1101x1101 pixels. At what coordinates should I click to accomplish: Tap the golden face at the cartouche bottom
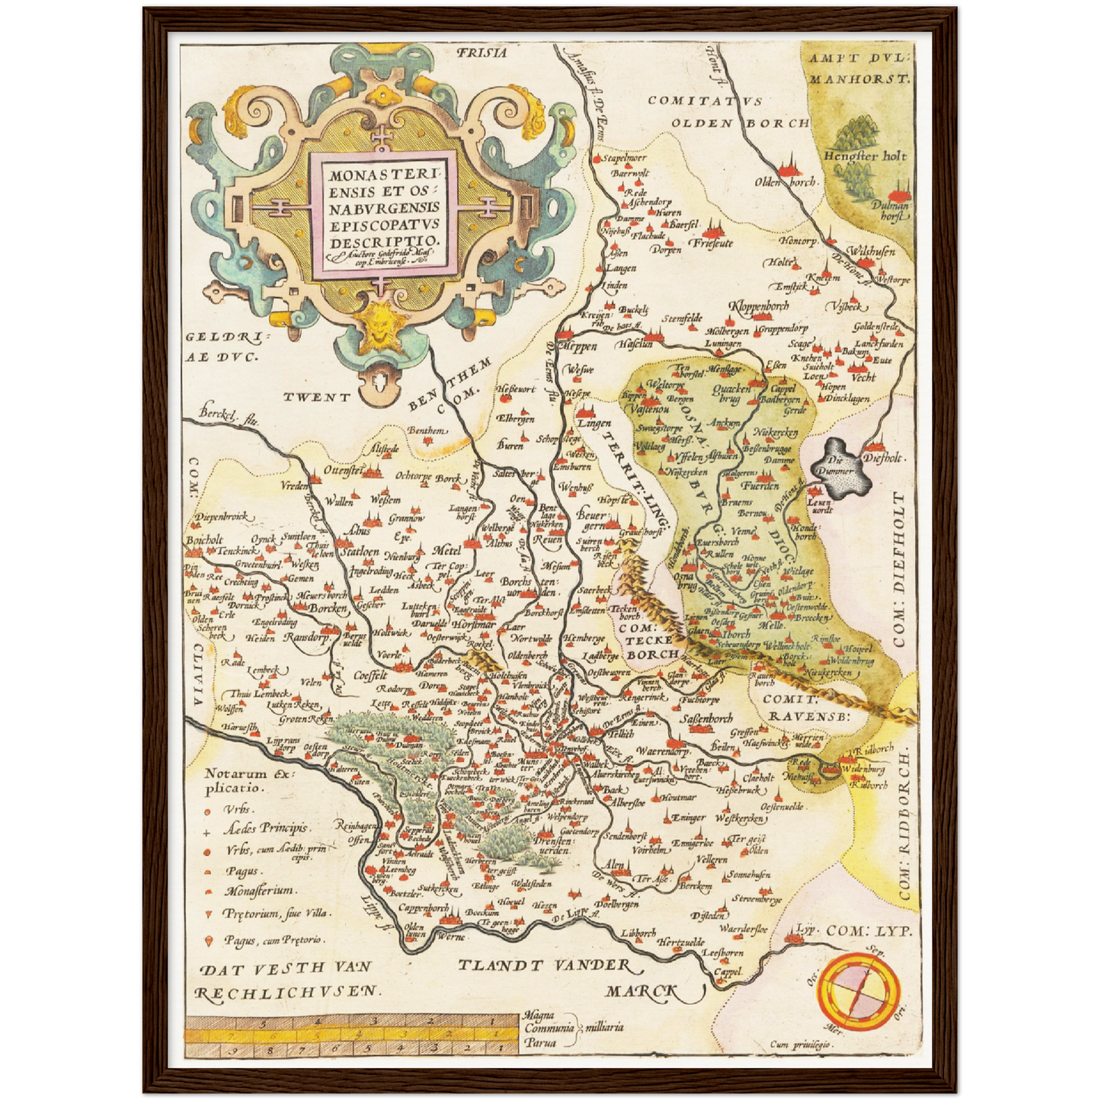click(376, 324)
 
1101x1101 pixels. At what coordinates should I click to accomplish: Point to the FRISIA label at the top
click(482, 53)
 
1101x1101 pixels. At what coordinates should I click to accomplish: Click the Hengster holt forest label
click(865, 155)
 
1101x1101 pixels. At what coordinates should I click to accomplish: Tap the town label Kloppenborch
click(759, 306)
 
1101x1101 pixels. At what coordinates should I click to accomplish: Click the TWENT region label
click(317, 397)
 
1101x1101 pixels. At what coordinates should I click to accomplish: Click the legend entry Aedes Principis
click(265, 827)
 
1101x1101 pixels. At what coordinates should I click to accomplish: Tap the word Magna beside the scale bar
click(539, 1015)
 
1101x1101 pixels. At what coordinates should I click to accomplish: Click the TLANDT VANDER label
click(544, 966)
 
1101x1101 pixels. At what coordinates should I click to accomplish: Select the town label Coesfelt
click(371, 675)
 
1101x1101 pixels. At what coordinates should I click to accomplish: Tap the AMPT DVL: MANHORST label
click(859, 68)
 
